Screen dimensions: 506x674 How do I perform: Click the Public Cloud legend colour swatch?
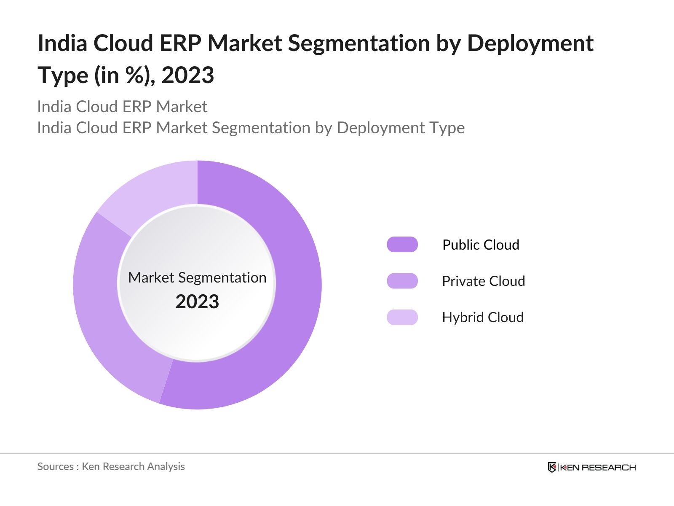(x=402, y=245)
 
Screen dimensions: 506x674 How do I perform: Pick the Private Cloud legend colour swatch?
(x=402, y=281)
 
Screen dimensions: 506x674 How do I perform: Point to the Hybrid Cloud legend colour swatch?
(x=402, y=317)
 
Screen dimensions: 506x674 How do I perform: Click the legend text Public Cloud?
(x=481, y=245)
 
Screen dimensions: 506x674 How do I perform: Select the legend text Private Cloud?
(x=483, y=281)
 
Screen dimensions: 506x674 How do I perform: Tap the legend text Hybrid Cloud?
(x=483, y=317)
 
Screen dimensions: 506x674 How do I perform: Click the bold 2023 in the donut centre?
(x=197, y=302)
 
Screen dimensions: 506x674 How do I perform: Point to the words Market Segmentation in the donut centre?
(x=197, y=277)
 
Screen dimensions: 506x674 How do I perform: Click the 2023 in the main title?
(x=188, y=75)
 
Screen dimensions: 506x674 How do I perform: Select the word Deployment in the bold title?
(x=530, y=43)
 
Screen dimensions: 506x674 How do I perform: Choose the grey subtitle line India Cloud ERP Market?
(x=122, y=107)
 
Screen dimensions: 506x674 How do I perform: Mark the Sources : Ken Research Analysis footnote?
(x=111, y=466)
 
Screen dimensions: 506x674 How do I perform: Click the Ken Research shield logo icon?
(x=552, y=467)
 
